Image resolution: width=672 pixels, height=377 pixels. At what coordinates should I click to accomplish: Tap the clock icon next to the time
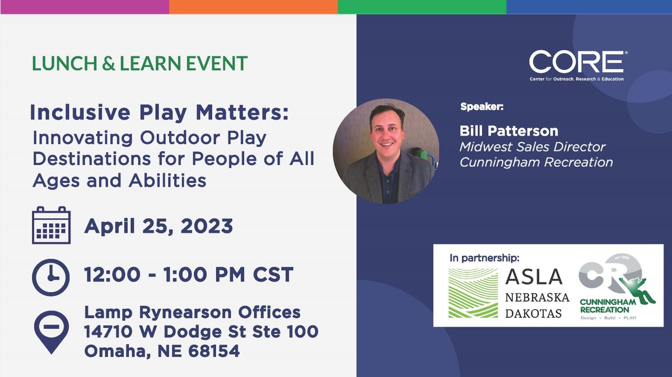pyautogui.click(x=51, y=276)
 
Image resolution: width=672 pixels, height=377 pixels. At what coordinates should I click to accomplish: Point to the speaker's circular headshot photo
pyautogui.click(x=384, y=151)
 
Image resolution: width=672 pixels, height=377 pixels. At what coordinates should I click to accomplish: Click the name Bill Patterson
pyautogui.click(x=508, y=131)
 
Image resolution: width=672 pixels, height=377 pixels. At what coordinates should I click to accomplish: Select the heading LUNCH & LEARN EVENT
pyautogui.click(x=139, y=63)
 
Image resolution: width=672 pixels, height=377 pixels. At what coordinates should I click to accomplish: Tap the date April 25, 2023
pyautogui.click(x=158, y=226)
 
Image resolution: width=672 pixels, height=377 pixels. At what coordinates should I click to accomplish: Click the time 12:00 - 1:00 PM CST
pyautogui.click(x=189, y=275)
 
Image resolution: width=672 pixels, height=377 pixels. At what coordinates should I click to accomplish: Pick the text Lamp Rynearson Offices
pyautogui.click(x=193, y=312)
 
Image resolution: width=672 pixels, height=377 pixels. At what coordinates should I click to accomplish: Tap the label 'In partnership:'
pyautogui.click(x=484, y=258)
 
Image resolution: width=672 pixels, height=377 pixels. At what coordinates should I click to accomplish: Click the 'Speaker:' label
pyautogui.click(x=482, y=106)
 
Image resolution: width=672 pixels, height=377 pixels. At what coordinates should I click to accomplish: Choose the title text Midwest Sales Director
pyautogui.click(x=533, y=147)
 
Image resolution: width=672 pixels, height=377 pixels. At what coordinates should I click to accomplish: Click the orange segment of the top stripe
pyautogui.click(x=253, y=7)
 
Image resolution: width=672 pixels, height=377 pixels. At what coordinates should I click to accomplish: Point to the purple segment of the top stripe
pyautogui.click(x=84, y=7)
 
